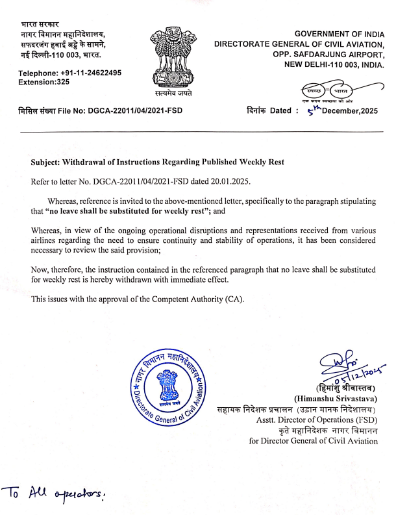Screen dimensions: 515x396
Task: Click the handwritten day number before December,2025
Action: (x=314, y=108)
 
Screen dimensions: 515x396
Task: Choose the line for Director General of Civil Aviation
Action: (x=313, y=442)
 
